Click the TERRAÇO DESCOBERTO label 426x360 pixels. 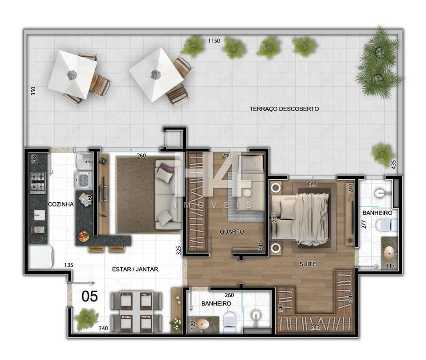[284, 109]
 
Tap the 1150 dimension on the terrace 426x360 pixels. [214, 41]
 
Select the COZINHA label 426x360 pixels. [61, 204]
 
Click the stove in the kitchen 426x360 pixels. [37, 183]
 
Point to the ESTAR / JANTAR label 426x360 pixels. [135, 269]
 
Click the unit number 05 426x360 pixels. [90, 296]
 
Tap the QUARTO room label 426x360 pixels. [232, 231]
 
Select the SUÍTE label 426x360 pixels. [308, 264]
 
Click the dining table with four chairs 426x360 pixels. [136, 312]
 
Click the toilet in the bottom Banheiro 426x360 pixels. [230, 322]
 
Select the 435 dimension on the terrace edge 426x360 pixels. [394, 165]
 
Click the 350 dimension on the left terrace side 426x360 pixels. [33, 91]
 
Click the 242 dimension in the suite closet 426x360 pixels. [315, 328]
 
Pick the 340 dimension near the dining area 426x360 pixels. [103, 328]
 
